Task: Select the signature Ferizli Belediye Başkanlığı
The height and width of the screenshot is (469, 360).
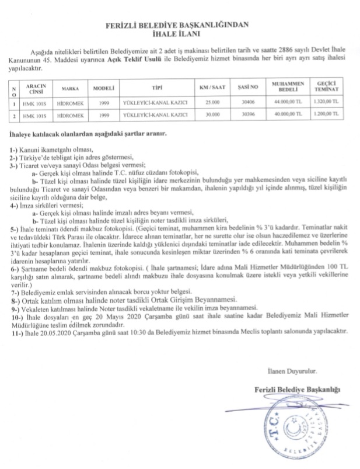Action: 296,389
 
